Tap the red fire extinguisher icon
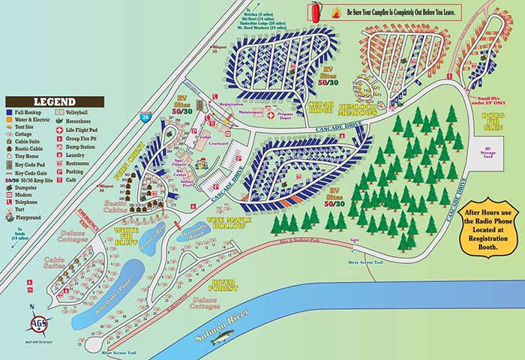coord(314,11)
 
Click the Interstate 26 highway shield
coord(144,116)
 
